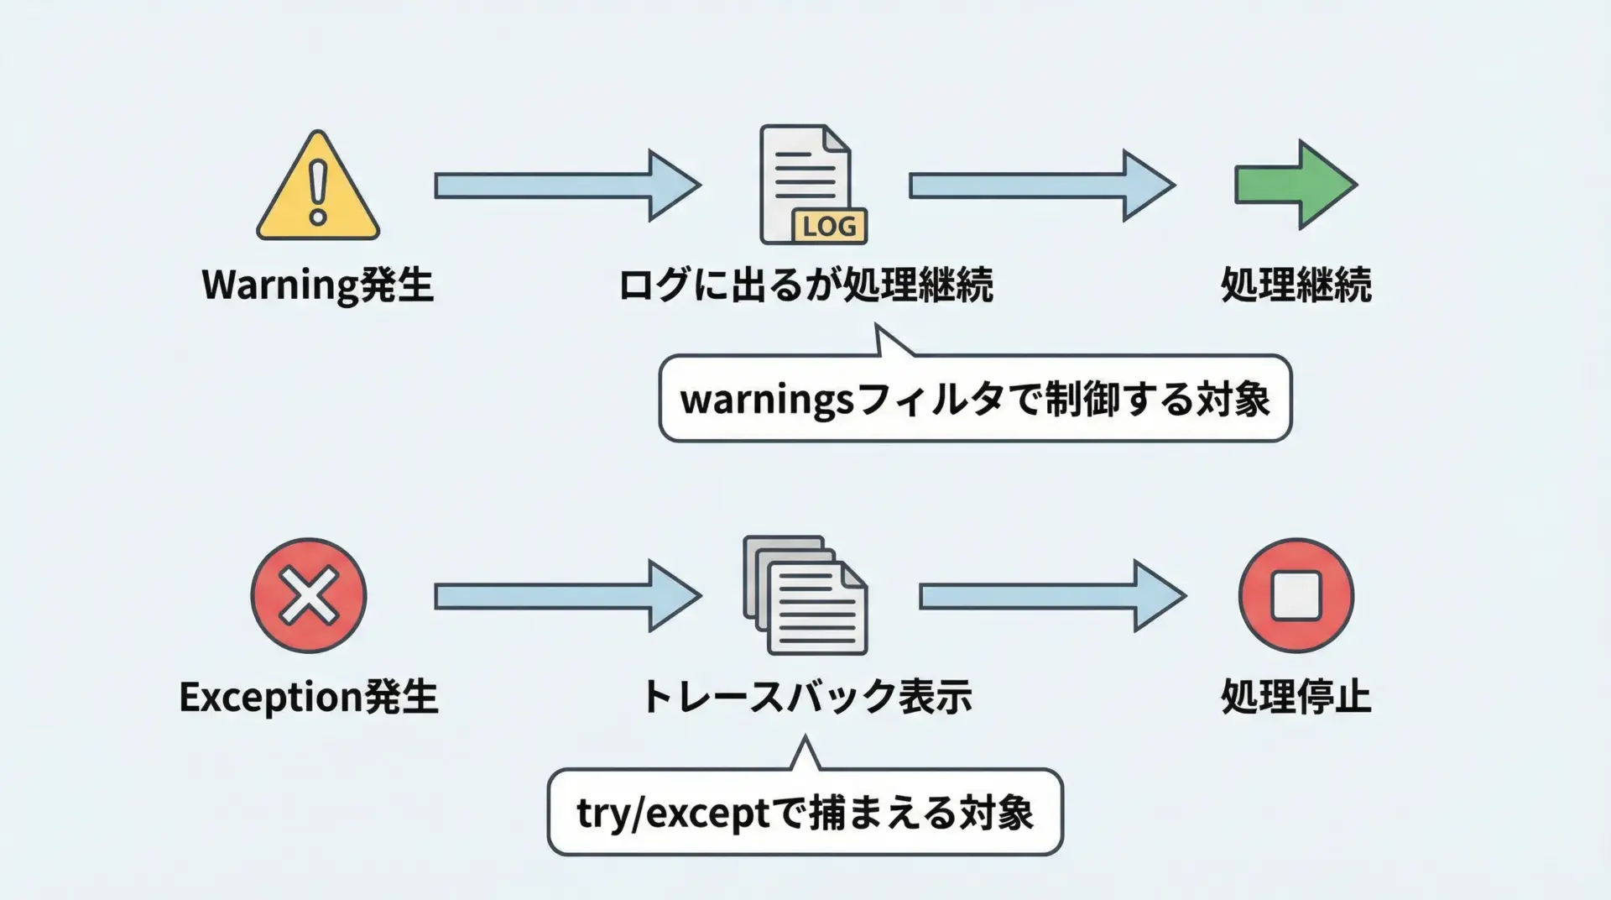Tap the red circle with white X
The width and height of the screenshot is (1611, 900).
[x=309, y=595]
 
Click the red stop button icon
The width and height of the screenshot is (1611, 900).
[x=1296, y=595]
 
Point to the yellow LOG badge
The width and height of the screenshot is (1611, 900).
[x=829, y=226]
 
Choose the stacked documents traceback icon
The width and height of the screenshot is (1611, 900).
[x=805, y=595]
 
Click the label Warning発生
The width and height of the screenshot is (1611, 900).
[x=317, y=285]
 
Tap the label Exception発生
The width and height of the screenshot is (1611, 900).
[x=309, y=697]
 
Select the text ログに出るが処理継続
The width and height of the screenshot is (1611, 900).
[x=805, y=285]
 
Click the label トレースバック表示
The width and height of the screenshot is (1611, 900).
[x=805, y=697]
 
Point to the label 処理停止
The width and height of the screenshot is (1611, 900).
[x=1296, y=697]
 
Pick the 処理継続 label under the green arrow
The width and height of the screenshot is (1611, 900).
[x=1296, y=285]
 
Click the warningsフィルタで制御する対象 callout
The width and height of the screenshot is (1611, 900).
[x=975, y=399]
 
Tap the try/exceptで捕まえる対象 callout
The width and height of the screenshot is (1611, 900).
[x=805, y=813]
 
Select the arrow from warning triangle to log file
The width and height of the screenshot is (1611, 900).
[x=567, y=186]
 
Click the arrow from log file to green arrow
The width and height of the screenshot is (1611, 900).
[x=1041, y=186]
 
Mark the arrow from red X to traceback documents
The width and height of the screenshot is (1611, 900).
[x=567, y=596]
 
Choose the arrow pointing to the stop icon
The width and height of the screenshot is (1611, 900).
[x=1052, y=596]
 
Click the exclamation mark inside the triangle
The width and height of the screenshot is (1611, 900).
[x=318, y=192]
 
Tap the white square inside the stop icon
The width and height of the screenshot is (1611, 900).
[x=1296, y=595]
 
